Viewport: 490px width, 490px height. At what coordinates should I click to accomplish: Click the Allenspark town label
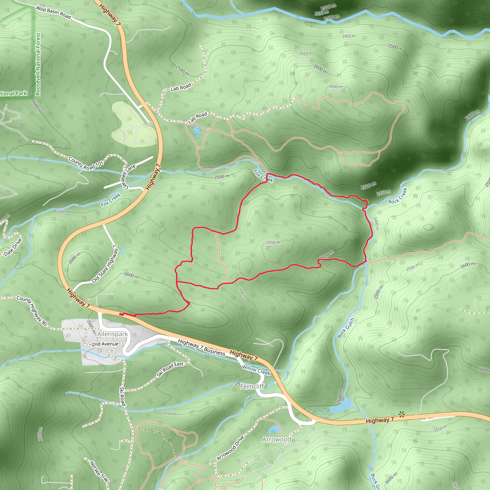(112, 334)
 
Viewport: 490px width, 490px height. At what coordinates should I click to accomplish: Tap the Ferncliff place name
(252, 387)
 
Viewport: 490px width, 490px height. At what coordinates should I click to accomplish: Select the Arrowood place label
(276, 440)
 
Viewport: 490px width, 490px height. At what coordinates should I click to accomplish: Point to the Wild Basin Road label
(53, 12)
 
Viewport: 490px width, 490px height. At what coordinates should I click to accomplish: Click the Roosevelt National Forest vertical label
(38, 64)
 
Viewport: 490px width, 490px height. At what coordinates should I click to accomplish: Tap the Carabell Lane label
(129, 177)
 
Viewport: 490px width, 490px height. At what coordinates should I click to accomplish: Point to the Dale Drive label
(13, 247)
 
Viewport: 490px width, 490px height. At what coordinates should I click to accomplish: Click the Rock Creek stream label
(398, 196)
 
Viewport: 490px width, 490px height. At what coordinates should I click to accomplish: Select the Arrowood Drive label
(231, 448)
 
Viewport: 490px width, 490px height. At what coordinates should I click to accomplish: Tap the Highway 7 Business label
(201, 347)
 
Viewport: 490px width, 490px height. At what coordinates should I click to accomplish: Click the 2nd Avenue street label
(105, 344)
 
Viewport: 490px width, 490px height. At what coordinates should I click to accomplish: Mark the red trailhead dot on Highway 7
(121, 314)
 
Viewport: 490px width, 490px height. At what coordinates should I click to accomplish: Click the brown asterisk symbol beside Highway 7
(401, 415)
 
